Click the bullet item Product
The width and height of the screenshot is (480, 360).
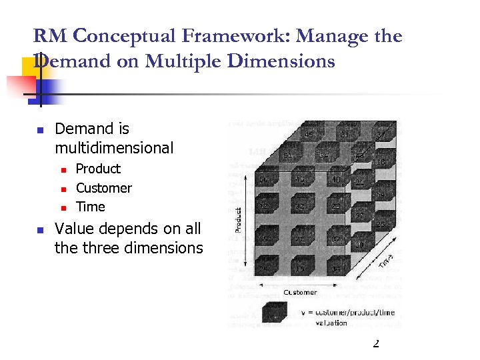point(98,169)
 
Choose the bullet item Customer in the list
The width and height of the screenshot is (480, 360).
point(103,188)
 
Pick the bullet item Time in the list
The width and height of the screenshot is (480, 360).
point(90,207)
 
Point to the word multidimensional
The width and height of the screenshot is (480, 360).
point(114,148)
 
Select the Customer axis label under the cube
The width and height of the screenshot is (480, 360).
point(301,292)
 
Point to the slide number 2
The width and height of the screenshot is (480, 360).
point(375,343)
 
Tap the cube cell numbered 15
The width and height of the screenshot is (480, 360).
point(301,269)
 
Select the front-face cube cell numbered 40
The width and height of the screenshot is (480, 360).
point(336,180)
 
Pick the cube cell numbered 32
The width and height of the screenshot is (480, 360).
point(301,208)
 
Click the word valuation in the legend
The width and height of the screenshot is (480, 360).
point(331,323)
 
